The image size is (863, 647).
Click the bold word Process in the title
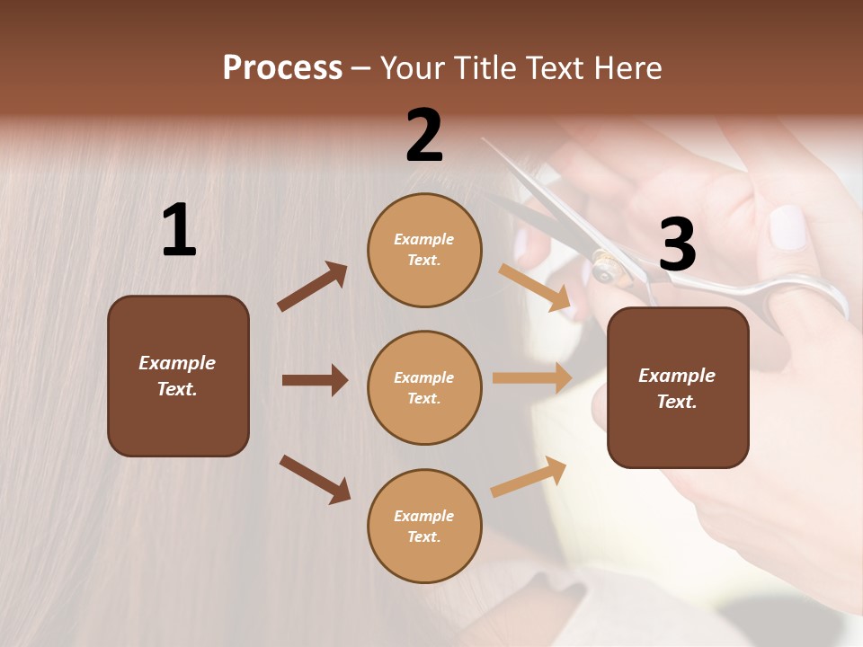[x=282, y=68]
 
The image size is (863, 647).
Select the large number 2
[x=424, y=136]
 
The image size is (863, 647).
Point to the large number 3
[x=677, y=244]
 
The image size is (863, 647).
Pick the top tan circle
[x=424, y=249]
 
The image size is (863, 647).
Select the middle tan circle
[x=424, y=387]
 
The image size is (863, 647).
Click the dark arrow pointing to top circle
[x=313, y=287]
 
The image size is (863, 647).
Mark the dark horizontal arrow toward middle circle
[x=315, y=380]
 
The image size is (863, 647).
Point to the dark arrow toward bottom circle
[x=315, y=479]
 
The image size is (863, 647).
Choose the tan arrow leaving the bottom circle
[x=529, y=477]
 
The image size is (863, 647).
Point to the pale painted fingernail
[x=788, y=227]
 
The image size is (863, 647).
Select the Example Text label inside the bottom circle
[x=424, y=527]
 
